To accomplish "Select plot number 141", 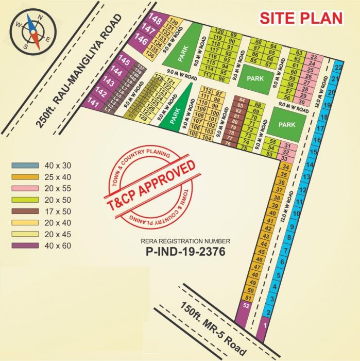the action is tap(94, 104).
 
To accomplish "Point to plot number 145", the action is tap(124, 61).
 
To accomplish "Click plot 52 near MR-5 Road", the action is tap(246, 306).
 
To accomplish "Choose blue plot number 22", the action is tap(338, 68).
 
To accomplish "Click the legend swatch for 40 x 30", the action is tap(25, 166).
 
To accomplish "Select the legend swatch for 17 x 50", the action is tap(25, 211).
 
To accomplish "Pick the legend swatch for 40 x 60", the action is tap(25, 245).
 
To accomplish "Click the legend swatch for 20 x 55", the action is tap(25, 188).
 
